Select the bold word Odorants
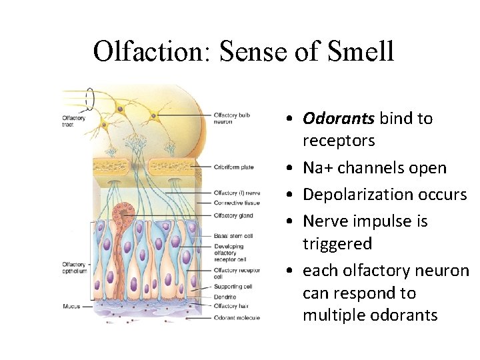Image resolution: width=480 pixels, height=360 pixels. point(339,119)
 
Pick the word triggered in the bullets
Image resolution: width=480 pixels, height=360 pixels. point(338,244)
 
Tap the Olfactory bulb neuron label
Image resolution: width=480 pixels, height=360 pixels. point(232,118)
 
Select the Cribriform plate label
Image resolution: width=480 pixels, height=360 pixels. point(233,167)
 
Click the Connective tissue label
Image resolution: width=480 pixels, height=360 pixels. point(237,203)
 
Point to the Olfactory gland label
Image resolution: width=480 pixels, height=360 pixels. point(233,215)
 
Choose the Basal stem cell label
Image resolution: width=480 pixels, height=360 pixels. point(233,235)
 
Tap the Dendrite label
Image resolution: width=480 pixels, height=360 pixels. point(225,297)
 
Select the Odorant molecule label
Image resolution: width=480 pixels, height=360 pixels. point(237,318)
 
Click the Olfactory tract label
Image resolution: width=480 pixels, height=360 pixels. point(73,121)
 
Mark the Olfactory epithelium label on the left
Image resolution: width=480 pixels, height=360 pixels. point(75,268)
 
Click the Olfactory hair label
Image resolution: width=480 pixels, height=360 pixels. point(231,306)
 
